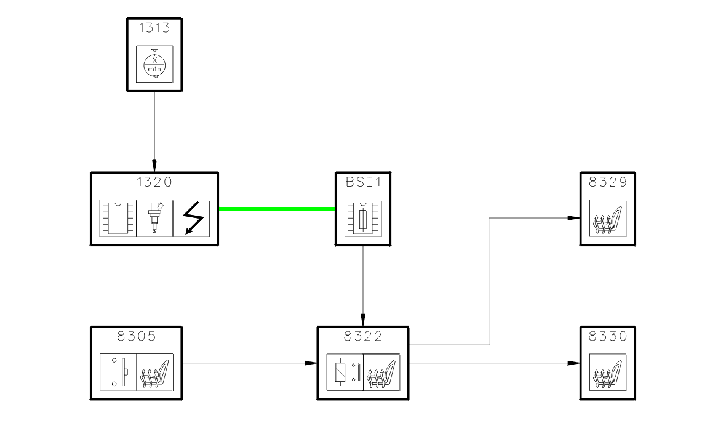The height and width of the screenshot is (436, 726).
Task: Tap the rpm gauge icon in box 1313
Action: (154, 64)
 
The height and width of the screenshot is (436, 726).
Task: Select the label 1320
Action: (154, 182)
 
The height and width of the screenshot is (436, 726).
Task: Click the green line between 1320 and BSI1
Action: (277, 209)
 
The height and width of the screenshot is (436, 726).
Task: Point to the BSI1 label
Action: (363, 182)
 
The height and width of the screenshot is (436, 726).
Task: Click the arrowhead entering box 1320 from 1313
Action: (154, 167)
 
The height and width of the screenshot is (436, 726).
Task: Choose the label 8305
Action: (136, 337)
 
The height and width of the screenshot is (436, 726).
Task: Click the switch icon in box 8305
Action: (118, 373)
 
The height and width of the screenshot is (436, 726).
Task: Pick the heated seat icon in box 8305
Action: (154, 373)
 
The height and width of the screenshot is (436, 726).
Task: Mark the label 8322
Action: (363, 337)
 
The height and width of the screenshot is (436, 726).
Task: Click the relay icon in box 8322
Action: (345, 373)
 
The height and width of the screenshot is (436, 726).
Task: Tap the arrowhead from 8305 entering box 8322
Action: (311, 363)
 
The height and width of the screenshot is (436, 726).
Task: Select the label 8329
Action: (608, 182)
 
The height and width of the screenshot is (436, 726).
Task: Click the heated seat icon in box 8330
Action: (608, 373)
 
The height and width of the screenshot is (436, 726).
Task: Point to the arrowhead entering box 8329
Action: (575, 217)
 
